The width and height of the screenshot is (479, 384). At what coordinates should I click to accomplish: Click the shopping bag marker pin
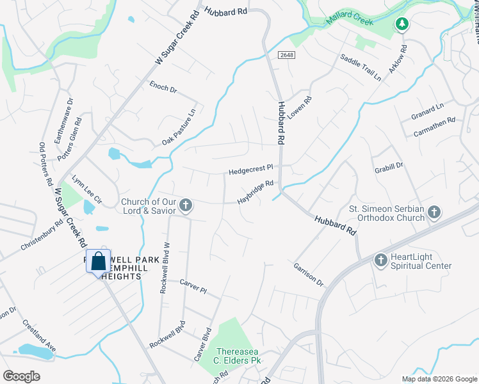[x=98, y=262]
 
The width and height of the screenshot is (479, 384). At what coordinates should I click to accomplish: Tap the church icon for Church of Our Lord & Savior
[x=186, y=205]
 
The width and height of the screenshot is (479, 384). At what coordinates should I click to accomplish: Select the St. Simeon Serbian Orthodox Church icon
[x=434, y=212]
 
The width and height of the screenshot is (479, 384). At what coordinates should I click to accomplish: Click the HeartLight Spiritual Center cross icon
[x=380, y=259]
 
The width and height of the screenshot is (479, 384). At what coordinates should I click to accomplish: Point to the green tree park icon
[x=402, y=25]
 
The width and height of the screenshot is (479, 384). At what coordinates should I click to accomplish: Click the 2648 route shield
[x=286, y=56]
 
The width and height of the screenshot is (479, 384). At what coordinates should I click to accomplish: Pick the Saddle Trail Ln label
[x=361, y=67]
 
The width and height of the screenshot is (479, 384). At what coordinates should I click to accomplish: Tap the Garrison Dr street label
[x=309, y=274]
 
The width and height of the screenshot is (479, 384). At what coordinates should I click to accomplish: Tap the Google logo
[x=21, y=376]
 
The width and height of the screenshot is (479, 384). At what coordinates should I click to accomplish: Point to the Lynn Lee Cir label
[x=86, y=189]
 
